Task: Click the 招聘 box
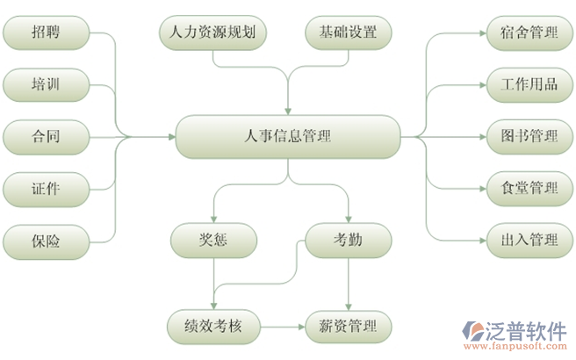(47, 34)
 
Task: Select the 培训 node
(47, 85)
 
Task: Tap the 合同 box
(47, 136)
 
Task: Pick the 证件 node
(47, 188)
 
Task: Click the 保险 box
(47, 240)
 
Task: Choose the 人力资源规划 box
(214, 33)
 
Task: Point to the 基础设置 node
(348, 33)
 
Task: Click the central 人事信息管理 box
(288, 136)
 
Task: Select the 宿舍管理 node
(529, 33)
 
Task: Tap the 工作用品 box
(529, 84)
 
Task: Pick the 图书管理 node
(529, 136)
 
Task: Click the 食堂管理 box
(529, 187)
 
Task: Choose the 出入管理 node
(529, 239)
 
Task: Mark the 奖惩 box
(214, 239)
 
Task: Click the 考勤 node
(348, 239)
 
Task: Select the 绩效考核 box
(214, 328)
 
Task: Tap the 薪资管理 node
(348, 328)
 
